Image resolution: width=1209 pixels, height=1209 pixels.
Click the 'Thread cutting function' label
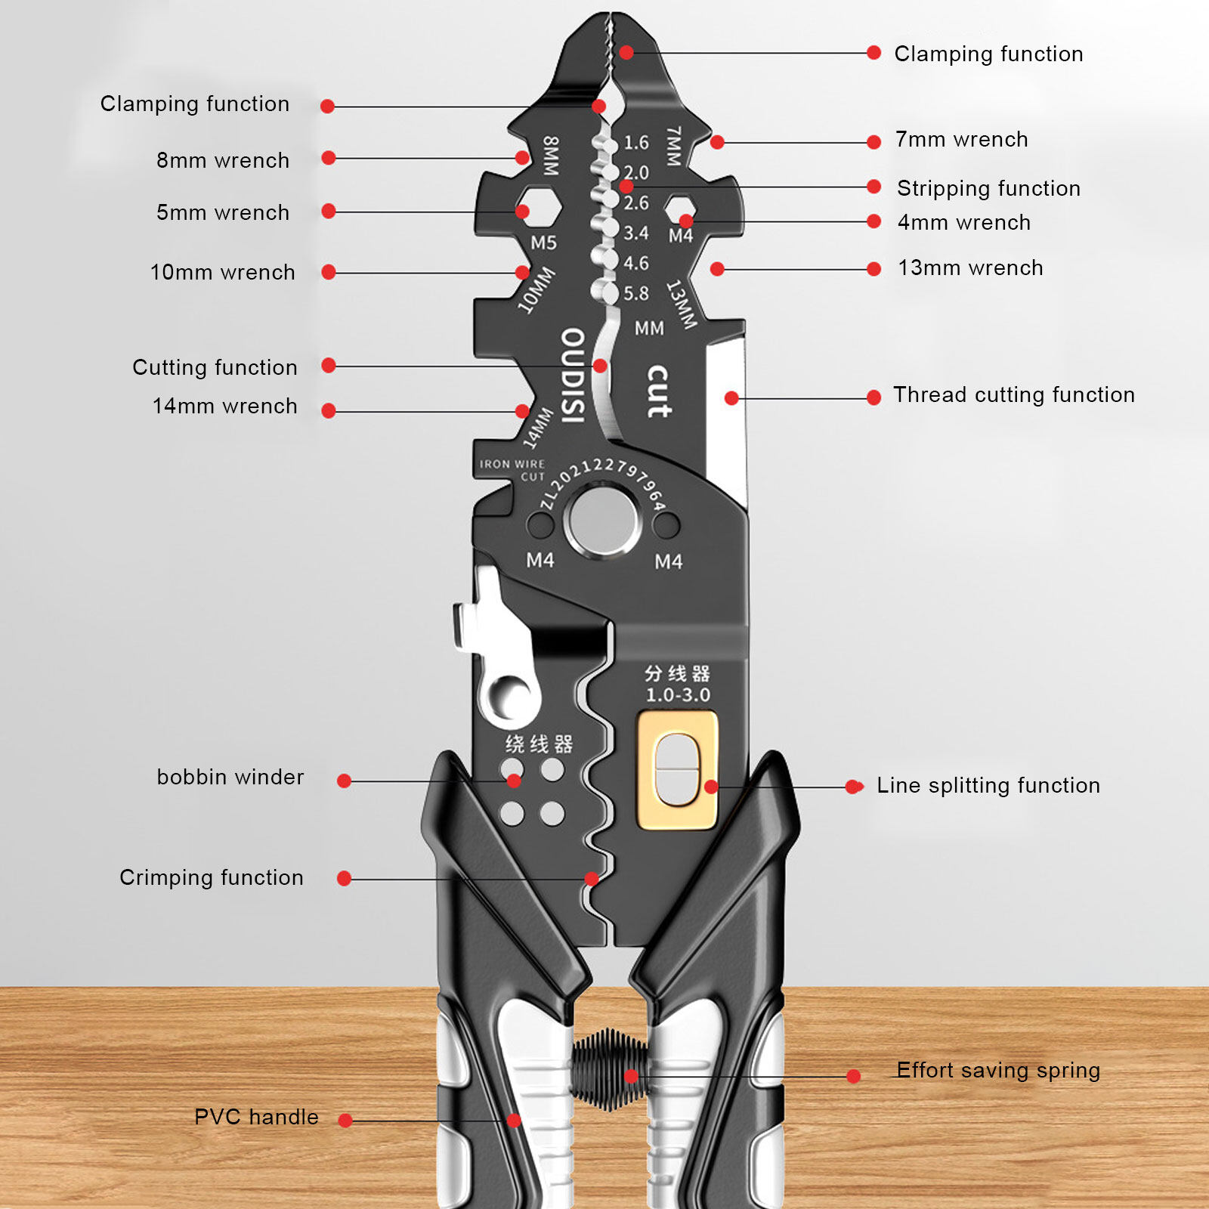tap(1013, 395)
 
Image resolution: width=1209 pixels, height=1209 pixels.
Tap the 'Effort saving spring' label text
tap(997, 1070)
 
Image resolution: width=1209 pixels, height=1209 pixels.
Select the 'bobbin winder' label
tap(230, 778)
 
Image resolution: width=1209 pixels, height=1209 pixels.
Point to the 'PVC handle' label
tap(256, 1117)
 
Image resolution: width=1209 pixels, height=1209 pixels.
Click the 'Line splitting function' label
tap(988, 786)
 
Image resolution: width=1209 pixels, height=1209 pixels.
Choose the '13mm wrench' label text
tap(970, 268)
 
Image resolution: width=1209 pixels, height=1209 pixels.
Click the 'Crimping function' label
tap(211, 877)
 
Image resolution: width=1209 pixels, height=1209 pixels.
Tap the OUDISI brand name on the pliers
tap(573, 376)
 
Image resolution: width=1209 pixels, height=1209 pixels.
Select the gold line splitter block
tap(678, 770)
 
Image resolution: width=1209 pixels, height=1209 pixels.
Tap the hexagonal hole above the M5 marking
tap(538, 206)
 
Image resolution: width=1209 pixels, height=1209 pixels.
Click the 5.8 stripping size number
tap(635, 293)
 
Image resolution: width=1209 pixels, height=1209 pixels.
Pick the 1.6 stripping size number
tap(635, 143)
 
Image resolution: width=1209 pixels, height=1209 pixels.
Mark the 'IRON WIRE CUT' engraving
tap(512, 470)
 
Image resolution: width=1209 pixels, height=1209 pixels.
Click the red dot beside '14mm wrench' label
tap(329, 411)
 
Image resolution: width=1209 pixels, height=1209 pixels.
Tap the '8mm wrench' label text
tap(222, 160)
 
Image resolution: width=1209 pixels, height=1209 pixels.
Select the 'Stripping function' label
tap(988, 188)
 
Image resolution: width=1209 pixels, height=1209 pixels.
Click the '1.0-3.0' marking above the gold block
tap(678, 695)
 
